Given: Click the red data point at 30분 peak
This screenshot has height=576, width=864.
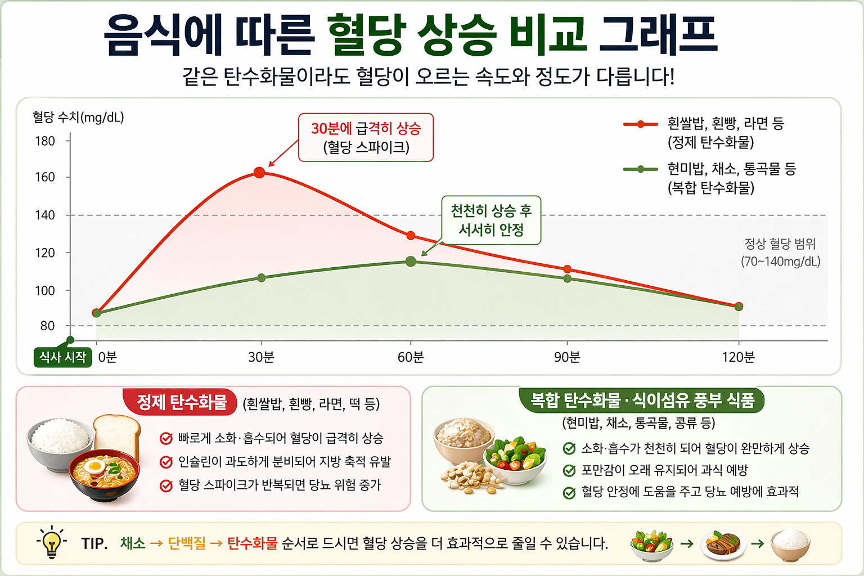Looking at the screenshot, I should [259, 173].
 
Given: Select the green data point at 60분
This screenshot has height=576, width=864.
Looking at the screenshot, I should [411, 262].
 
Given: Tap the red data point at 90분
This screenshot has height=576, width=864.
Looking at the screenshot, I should [567, 269].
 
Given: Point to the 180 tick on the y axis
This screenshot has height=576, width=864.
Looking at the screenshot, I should [45, 141].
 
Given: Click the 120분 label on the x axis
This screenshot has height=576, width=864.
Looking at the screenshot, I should [738, 357].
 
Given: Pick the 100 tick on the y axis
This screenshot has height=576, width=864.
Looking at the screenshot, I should [45, 291].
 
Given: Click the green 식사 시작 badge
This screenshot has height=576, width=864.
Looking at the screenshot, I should [62, 357].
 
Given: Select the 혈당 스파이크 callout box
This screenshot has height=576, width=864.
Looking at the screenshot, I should [366, 138].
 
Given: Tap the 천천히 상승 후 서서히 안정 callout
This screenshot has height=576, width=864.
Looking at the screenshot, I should [491, 220].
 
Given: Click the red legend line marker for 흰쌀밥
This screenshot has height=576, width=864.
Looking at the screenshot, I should [640, 124].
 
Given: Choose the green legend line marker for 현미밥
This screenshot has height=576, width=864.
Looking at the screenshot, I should [640, 169].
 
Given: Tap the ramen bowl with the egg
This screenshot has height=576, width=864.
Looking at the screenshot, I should [104, 475].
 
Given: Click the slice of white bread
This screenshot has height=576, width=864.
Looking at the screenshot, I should [117, 436].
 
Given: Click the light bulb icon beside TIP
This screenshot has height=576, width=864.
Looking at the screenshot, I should [51, 542].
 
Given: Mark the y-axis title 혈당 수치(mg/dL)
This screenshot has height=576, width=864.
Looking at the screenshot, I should [78, 118].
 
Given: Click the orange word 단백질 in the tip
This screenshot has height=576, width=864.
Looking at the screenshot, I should [187, 543].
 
